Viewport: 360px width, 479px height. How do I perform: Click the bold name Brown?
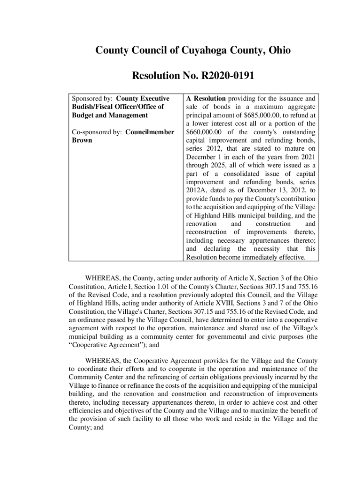click(82, 140)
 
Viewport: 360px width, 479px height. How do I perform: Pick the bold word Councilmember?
click(150, 132)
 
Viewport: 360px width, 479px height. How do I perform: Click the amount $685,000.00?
click(259, 115)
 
